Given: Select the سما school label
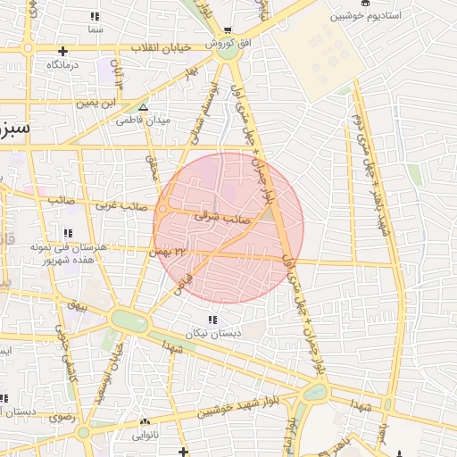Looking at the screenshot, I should click(x=96, y=29).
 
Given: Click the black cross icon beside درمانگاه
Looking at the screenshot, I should click(x=62, y=51).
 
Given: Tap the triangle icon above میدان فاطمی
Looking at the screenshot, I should click(x=142, y=107).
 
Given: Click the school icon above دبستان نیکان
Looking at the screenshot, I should click(x=212, y=320).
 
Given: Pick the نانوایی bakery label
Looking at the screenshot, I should click(x=145, y=435).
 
